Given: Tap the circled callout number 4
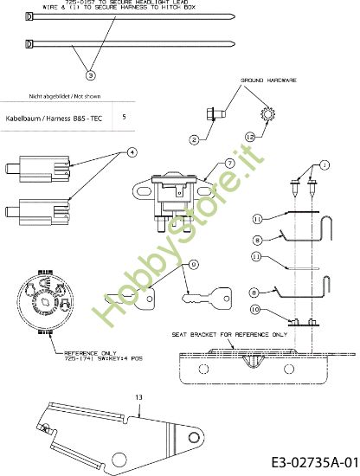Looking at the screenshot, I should [x=132, y=151].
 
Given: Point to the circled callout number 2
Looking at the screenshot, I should [x=196, y=138].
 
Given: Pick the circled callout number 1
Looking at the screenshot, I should [x=325, y=164].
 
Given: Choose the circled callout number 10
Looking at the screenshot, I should [x=256, y=308].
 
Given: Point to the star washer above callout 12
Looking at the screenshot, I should [x=267, y=113].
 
